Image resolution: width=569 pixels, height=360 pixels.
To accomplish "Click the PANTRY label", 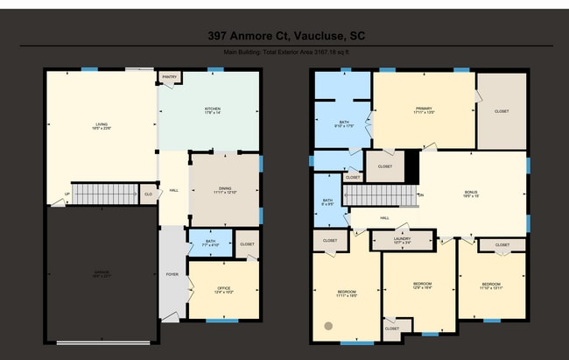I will (169, 77).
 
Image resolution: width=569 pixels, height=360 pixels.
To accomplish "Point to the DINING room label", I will (225, 190).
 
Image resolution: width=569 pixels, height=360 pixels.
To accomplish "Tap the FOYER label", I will (172, 274).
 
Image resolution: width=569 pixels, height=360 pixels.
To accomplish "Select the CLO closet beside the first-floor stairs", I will (149, 193).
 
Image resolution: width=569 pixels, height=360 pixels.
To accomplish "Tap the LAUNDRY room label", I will (402, 239).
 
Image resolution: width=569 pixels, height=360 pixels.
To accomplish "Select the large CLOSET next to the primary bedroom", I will (502, 111).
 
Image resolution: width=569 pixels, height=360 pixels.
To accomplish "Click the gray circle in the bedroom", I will (328, 326).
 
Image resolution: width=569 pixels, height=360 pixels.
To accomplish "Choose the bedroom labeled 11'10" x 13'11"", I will (490, 286).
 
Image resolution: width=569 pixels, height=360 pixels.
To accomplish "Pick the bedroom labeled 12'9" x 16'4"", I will (423, 286).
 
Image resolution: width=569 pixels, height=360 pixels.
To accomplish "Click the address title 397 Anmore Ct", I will (284, 36).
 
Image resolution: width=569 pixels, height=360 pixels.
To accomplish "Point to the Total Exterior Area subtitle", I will (284, 53).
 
